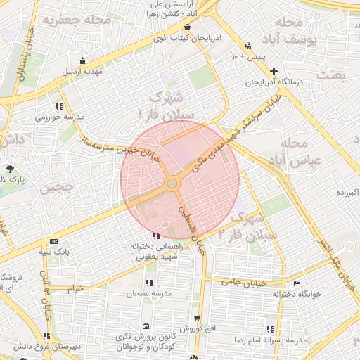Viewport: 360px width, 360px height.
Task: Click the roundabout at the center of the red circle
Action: tap(172, 184)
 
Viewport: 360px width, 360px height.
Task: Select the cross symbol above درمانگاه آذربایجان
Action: tap(274, 70)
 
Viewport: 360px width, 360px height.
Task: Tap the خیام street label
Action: tap(76, 288)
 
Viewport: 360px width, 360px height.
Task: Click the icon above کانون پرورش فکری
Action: tap(146, 326)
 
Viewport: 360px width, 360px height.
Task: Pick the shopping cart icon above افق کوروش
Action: tap(198, 319)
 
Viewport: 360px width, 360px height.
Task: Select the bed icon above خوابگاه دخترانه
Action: tap(297, 283)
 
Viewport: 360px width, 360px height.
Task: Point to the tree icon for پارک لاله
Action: tap(10, 169)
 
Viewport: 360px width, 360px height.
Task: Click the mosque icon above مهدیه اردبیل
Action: tap(84, 60)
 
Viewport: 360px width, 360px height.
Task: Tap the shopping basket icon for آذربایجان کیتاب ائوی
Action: tap(188, 26)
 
